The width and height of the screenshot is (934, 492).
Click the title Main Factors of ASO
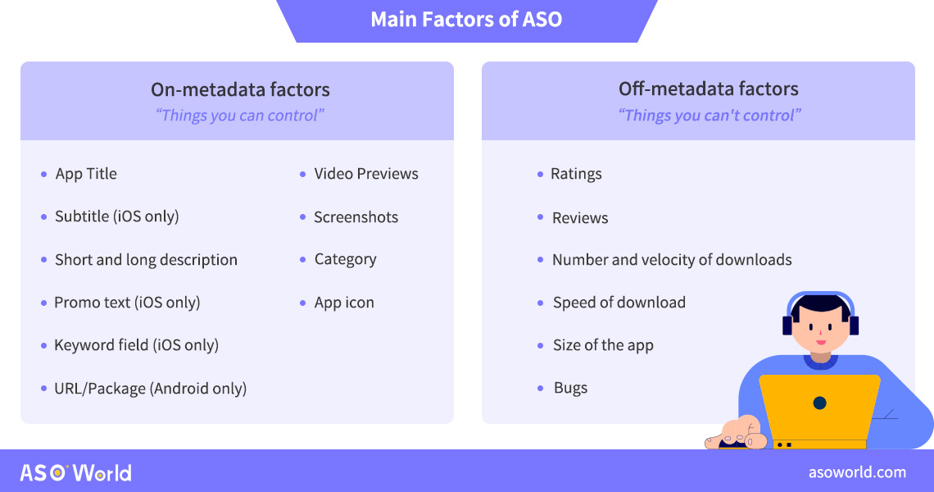pos(466,19)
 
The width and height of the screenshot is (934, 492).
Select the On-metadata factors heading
pos(240,89)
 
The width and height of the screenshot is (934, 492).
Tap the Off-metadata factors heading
pos(708,89)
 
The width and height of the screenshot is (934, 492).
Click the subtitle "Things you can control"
pos(239,115)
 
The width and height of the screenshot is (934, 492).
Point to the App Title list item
pos(86,174)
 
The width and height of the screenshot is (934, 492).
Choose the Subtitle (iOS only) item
pos(116,216)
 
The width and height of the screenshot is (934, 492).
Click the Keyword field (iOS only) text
pos(136,345)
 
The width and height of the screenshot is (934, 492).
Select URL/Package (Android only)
pos(150,389)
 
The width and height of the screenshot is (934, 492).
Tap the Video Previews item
pos(366,174)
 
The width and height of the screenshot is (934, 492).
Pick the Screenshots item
pos(356,217)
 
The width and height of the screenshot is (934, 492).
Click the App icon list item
pos(344,303)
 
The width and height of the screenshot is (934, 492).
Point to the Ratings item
pos(576,174)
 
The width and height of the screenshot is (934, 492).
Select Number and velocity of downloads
pos(672,260)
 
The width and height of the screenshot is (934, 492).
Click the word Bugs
pos(571,388)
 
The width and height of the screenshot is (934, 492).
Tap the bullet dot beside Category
pos(302,259)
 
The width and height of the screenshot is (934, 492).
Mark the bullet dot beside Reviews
pos(540,217)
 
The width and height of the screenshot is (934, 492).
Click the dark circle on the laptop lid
pos(819,403)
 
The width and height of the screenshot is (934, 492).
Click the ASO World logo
pos(75,473)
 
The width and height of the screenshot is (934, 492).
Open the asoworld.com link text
pos(857,472)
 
